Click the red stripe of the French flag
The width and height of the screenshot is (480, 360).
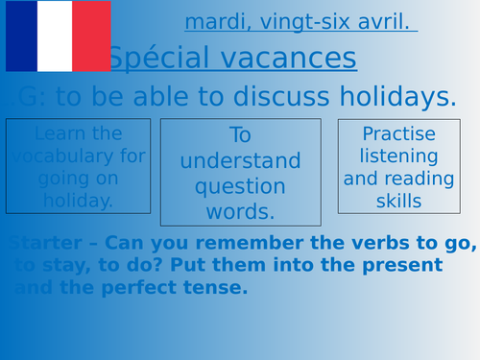pyautogui.click(x=93, y=36)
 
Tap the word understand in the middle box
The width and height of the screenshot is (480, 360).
pyautogui.click(x=240, y=160)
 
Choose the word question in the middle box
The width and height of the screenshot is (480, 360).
pyautogui.click(x=240, y=185)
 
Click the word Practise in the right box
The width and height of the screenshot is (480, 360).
pyautogui.click(x=399, y=134)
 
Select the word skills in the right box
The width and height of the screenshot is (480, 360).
pyautogui.click(x=399, y=201)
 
